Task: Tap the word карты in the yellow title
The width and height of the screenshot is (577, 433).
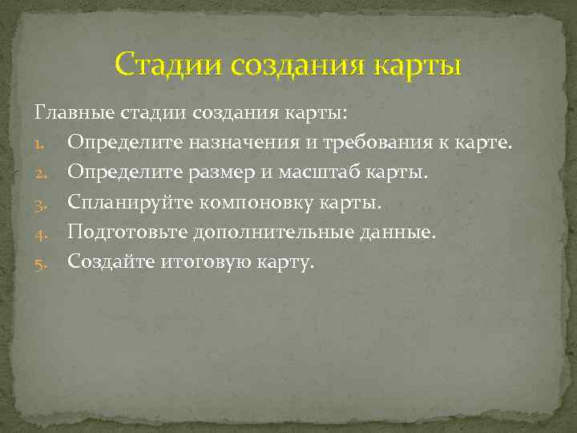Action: [x=417, y=63]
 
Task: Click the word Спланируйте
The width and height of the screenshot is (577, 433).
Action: [x=132, y=203]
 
